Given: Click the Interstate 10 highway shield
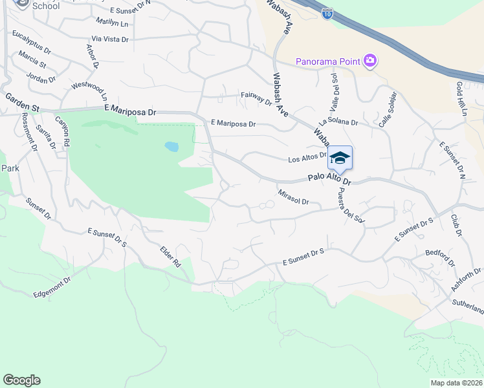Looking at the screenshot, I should pos(328,14).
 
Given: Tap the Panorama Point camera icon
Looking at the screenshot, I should pos(371,61).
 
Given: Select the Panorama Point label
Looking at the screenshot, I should pos(328,61).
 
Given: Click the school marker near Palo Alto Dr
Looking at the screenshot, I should pos(340,158).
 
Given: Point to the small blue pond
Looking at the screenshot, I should pos(171,146).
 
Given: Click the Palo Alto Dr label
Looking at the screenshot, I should pos(328,182).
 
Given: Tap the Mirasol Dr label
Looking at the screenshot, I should pos(294,197).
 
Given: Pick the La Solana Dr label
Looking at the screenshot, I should pos(338,122).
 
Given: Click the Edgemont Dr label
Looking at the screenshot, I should pos(56,287).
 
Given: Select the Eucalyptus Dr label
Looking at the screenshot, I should pos(30,41).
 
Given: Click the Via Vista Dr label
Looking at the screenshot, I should pos(111,39).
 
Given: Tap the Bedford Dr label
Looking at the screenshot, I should pos(440,258).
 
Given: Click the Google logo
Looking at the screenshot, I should pos(21,380).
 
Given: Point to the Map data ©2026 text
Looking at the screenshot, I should pos(456,383).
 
